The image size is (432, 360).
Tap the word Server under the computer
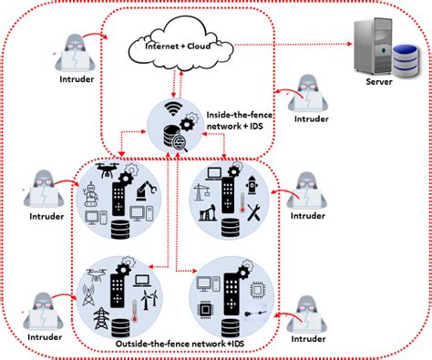pyautogui.click(x=379, y=82)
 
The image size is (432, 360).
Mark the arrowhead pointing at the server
pyautogui.click(x=351, y=43)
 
